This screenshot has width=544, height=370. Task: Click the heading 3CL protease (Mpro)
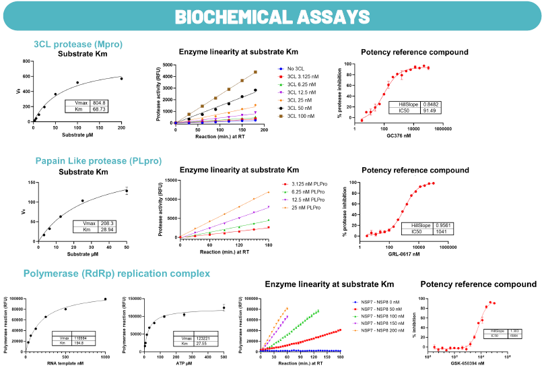[x=78, y=44]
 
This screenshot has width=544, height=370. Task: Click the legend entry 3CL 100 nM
[x=304, y=116]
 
